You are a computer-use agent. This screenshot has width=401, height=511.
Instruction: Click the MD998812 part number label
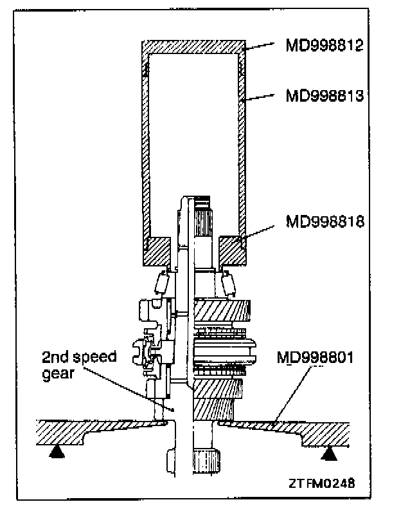click(x=325, y=47)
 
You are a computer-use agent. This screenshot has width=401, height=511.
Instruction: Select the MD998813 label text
click(x=325, y=96)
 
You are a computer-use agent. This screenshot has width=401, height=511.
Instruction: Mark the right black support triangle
click(x=330, y=454)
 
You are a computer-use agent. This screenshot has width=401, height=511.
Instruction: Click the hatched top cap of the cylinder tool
click(x=193, y=47)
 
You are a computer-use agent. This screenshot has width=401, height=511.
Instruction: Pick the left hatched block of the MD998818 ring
click(x=157, y=250)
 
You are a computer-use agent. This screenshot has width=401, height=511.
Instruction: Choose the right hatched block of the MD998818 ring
click(x=232, y=250)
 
